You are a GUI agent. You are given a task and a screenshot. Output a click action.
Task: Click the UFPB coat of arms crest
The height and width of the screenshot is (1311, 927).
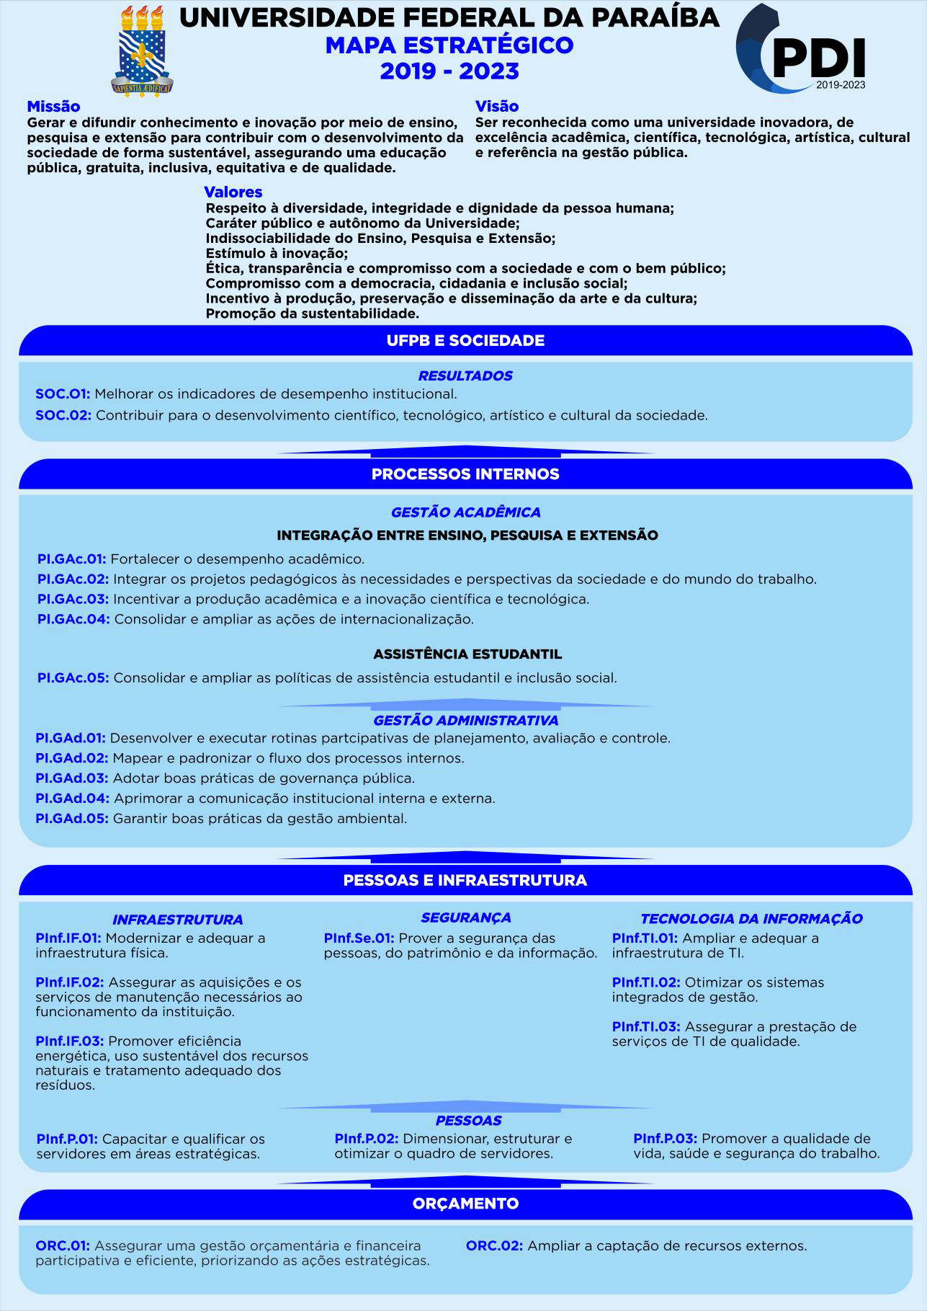(x=143, y=51)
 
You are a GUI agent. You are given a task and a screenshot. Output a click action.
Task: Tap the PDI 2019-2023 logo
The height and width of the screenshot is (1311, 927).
(x=801, y=49)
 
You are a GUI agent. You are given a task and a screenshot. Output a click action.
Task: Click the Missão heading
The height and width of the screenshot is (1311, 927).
(x=53, y=107)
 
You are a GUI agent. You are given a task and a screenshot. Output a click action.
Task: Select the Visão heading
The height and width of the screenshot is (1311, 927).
(x=496, y=107)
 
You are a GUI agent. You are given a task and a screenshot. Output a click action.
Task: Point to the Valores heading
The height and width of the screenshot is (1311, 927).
(x=233, y=192)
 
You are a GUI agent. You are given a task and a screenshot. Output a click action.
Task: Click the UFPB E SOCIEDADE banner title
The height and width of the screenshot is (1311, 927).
(x=465, y=341)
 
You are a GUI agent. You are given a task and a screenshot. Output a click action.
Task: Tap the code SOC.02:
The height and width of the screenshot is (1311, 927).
(x=63, y=415)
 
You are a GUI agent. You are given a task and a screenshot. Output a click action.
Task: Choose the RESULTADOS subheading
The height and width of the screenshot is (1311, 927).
(x=465, y=375)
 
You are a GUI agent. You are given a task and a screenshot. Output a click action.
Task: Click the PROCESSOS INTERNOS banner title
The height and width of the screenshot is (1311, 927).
(x=465, y=474)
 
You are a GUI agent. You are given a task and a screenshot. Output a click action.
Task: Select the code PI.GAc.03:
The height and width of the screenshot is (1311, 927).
(x=73, y=599)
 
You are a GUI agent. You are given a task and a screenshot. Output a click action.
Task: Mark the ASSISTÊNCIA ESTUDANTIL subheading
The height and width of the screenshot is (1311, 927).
(x=467, y=654)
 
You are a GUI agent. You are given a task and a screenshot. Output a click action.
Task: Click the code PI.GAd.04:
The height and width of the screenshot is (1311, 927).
(x=72, y=799)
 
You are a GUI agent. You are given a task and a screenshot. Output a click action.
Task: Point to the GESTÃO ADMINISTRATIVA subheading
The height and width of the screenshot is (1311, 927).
(x=465, y=721)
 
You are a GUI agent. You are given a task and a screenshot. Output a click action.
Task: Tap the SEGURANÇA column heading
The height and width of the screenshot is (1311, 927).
(x=465, y=917)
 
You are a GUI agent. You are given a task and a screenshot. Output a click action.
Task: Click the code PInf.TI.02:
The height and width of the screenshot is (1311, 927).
(x=646, y=982)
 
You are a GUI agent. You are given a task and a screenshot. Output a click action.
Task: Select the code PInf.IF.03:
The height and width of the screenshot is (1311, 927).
(x=70, y=1041)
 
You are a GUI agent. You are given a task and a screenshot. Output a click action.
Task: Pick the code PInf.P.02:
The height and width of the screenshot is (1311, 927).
(x=366, y=1139)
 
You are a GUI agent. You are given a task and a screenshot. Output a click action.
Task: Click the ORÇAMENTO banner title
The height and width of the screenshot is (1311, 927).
(x=465, y=1204)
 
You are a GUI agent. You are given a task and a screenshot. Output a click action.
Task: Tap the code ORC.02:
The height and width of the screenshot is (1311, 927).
(x=494, y=1245)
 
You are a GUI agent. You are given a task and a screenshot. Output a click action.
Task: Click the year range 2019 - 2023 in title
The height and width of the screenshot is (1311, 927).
(x=449, y=71)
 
